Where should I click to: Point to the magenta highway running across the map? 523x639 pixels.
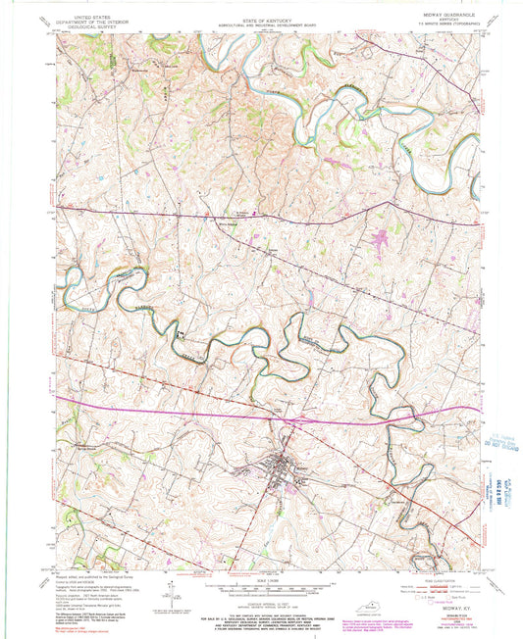point(196,402)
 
